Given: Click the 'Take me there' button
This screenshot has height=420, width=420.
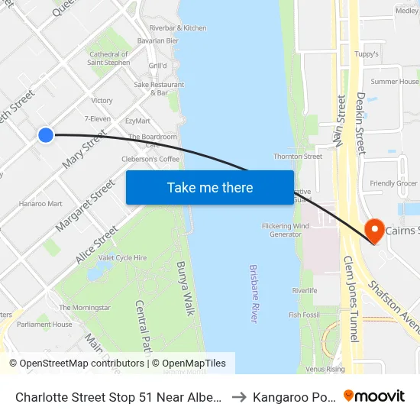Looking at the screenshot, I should [x=210, y=188].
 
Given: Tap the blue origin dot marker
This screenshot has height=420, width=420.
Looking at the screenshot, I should [x=46, y=135].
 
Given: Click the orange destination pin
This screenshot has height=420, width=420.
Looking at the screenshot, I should [x=374, y=229].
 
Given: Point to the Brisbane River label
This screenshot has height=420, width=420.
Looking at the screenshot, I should [x=254, y=294].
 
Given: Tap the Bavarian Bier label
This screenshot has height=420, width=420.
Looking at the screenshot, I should [x=157, y=40].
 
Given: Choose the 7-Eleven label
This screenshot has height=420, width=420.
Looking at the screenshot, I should [x=97, y=119].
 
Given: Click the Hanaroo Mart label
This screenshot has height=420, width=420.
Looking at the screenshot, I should [x=40, y=204].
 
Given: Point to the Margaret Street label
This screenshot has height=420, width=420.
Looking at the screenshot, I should [x=85, y=205].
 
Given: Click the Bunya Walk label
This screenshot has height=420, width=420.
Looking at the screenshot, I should [x=186, y=288].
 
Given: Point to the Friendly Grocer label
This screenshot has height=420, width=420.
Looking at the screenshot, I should [x=393, y=183].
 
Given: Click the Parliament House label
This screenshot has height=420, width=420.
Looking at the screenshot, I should [x=46, y=325].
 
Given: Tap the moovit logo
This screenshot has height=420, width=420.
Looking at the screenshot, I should [x=373, y=396].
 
